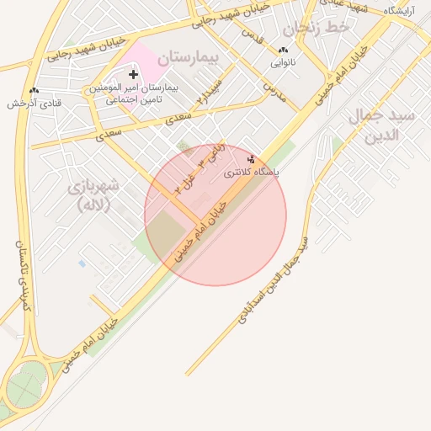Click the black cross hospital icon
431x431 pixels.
coord(132,76)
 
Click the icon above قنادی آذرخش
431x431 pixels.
coord(34,90)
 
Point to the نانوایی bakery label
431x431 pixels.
coord(282,63)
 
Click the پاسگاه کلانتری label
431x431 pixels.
coord(253,172)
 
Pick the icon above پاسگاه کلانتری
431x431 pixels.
coord(251,158)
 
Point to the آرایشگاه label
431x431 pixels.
coord(403,11)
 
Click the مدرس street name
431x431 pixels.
coord(274,91)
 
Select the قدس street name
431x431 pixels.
coord(253,36)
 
